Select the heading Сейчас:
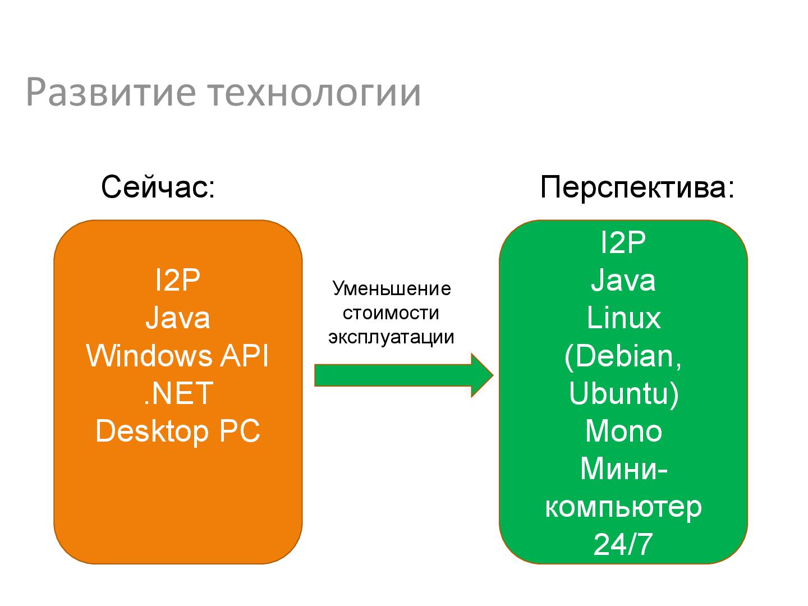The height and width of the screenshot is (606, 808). coord(158,187)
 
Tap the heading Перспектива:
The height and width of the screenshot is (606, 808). coord(637,187)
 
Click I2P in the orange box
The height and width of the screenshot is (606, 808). coord(178,279)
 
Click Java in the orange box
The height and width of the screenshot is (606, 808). coord(178,318)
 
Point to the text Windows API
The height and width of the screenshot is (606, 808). coord(178,355)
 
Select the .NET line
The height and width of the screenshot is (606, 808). coord(178,393)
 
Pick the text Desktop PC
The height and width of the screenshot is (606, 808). coord(178,431)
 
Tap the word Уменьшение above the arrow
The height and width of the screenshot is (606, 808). coord(392,288)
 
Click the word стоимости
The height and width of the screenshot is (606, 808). coord(391,313)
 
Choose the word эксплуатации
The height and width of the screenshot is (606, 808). coord(391,337)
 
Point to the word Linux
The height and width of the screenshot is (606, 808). coord(623,318)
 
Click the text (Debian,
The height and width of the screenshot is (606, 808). coord(623,355)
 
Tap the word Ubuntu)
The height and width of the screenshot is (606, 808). coord(623,393)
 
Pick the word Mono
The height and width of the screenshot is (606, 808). coord(623,431)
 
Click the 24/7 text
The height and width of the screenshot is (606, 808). coord(623,544)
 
